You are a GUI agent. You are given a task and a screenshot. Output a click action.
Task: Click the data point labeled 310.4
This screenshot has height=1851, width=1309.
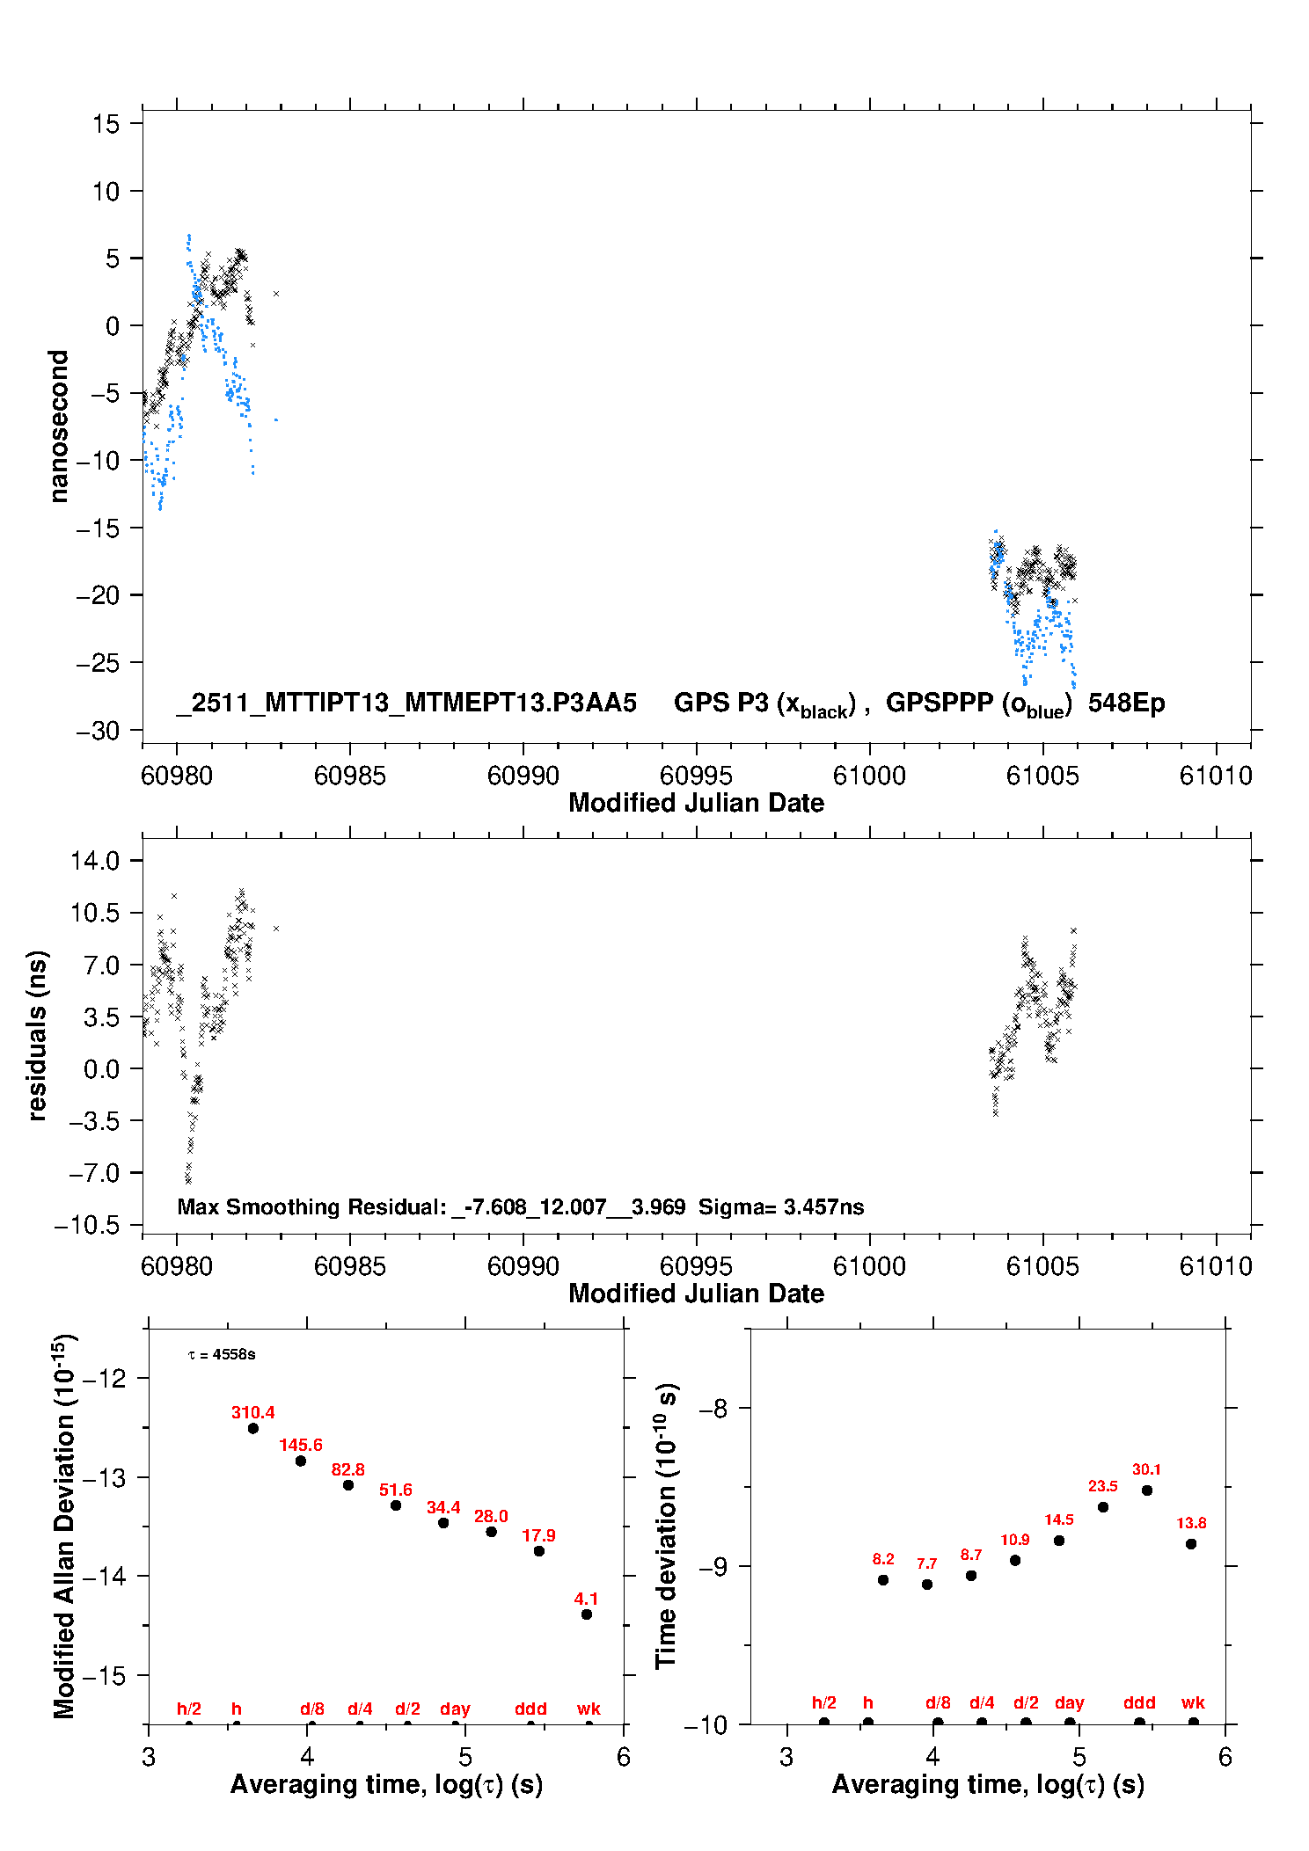253,1428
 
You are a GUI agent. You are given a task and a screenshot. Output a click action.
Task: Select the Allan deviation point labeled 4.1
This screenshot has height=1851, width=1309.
587,1614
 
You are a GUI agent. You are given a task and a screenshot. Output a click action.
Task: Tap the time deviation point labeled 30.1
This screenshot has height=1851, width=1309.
1147,1490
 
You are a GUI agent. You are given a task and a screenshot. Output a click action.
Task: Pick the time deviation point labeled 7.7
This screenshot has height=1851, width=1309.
927,1584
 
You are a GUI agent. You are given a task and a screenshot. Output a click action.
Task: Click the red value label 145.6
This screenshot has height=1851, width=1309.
301,1445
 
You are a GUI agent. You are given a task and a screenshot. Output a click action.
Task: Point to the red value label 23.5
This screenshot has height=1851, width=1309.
1103,1486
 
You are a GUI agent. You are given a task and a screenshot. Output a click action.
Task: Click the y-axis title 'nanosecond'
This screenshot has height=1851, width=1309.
58,426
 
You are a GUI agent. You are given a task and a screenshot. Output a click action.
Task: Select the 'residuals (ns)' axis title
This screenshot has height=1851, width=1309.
37,1035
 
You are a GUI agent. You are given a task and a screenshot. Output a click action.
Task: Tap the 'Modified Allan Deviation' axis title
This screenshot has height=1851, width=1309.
63,1526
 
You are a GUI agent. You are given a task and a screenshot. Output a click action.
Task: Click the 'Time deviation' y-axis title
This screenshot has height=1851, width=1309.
666,1526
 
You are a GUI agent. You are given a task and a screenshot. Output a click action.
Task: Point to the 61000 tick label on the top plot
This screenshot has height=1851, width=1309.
869,776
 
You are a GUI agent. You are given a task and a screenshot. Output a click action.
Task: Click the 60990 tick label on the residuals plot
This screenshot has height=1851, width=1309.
523,1266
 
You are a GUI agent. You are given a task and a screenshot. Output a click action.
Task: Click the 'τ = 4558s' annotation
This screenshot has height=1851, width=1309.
222,1354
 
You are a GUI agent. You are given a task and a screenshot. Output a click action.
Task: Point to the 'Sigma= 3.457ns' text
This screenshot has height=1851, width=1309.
781,1206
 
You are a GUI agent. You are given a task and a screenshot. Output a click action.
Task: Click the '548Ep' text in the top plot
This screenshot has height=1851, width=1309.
1126,703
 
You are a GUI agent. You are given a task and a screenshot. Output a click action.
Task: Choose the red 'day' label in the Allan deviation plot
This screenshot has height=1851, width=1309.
455,1709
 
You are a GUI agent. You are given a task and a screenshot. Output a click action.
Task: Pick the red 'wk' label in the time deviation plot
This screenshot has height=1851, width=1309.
1193,1702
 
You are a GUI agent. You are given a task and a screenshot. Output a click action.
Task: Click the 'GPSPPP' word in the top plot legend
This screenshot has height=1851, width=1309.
940,703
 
